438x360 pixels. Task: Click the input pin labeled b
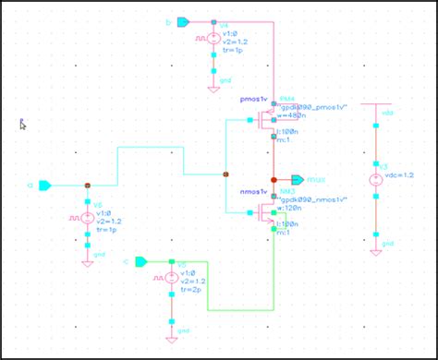(183, 22)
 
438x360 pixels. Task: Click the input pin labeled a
(44, 186)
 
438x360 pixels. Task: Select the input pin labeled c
(140, 261)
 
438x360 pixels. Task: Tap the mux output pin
(297, 178)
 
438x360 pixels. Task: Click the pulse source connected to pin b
(213, 41)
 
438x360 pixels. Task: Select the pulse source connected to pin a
(87, 219)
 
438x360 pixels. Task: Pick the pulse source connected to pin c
(172, 277)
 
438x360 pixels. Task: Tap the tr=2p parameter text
(192, 290)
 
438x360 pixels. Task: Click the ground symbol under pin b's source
(213, 82)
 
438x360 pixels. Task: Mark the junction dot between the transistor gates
(227, 173)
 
